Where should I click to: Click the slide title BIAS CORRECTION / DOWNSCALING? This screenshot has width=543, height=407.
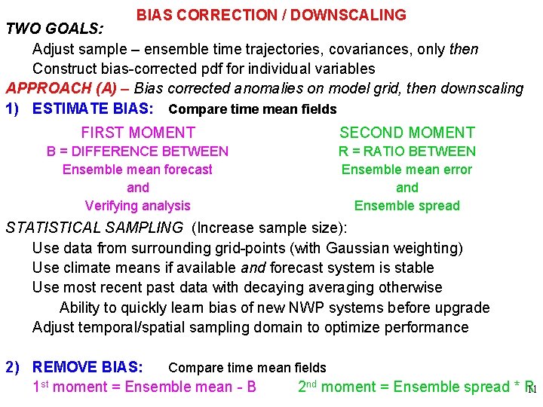coord(271,15)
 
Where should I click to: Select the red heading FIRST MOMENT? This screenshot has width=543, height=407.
coord(138,133)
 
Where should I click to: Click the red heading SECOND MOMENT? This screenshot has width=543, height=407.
coord(407,133)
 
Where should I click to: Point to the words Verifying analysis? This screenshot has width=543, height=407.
coord(138,206)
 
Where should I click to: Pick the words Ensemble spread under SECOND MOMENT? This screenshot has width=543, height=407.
coord(407,206)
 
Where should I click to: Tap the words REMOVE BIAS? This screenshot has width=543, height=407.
coord(87,368)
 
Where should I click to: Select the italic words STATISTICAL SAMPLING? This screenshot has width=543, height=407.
coord(94,228)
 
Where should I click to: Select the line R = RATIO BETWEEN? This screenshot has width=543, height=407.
coord(407,151)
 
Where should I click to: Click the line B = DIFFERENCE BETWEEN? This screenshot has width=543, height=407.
coord(138,151)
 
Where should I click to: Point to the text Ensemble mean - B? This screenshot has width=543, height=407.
coord(191,387)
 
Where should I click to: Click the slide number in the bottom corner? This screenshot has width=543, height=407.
coord(532,390)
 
